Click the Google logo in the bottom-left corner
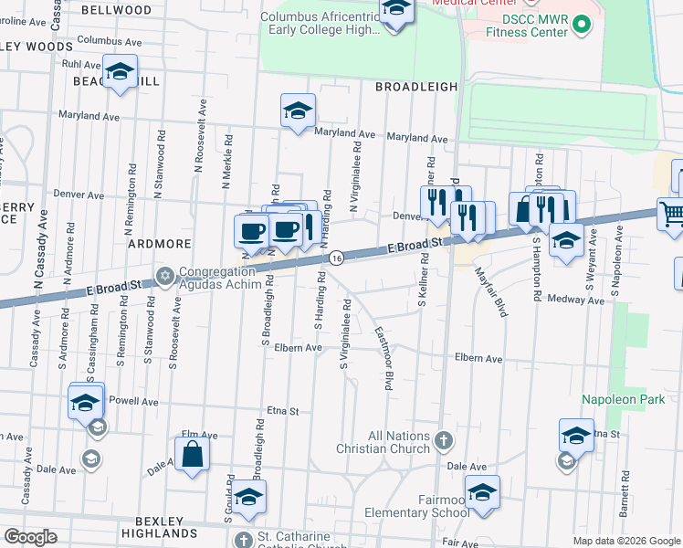(x=30, y=537)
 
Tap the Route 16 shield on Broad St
(x=336, y=258)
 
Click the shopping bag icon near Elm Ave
(x=193, y=454)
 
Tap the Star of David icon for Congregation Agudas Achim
(x=165, y=275)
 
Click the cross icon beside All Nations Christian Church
(x=443, y=441)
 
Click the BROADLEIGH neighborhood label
(x=416, y=86)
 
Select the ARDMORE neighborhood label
(x=159, y=244)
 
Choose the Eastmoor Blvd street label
(x=384, y=361)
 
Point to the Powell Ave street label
(x=133, y=401)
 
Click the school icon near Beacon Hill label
(x=120, y=72)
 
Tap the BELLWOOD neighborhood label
(x=117, y=10)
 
